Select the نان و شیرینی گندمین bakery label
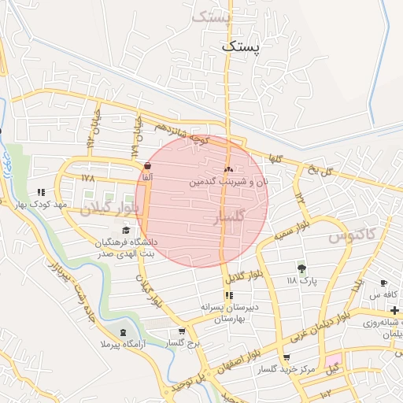(x=228, y=181)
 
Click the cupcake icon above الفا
(x=148, y=165)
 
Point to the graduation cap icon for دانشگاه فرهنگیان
(x=126, y=230)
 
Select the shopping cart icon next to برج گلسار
(x=182, y=331)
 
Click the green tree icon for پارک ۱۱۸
(x=301, y=268)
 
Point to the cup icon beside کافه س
(x=383, y=283)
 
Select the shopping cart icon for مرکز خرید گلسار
(x=286, y=357)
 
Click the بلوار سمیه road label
(x=290, y=235)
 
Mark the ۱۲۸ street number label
(x=87, y=179)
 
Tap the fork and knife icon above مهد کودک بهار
(x=41, y=191)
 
